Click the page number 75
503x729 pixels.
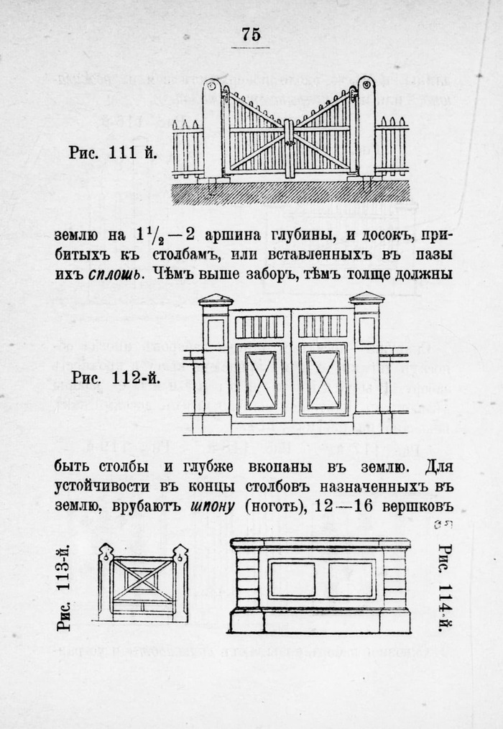point(250,34)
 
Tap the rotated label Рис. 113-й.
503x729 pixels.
point(66,588)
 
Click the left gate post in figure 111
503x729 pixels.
point(212,128)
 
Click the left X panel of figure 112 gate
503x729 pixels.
point(260,379)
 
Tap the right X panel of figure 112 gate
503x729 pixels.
point(323,379)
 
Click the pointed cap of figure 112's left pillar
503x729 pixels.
point(216,298)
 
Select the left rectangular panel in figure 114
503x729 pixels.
point(292,579)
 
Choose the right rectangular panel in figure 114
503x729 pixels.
point(351,579)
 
